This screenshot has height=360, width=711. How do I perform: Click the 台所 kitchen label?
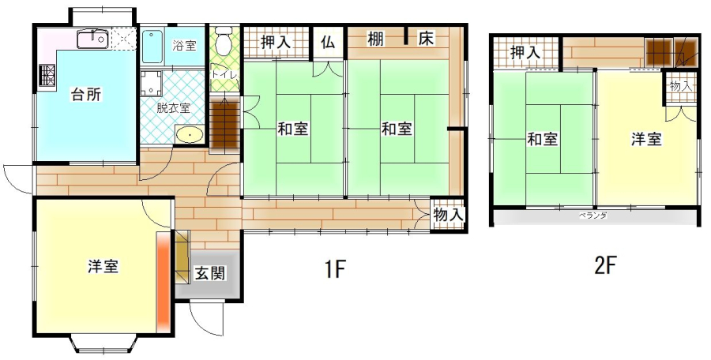pyautogui.click(x=85, y=95)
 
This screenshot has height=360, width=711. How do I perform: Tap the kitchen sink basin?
pyautogui.click(x=92, y=39)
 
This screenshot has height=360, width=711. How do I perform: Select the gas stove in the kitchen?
pyautogui.click(x=47, y=75)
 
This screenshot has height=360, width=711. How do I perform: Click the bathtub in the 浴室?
pyautogui.click(x=152, y=47)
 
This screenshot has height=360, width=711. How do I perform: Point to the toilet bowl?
pyautogui.click(x=223, y=40)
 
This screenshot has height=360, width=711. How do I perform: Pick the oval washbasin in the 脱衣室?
pyautogui.click(x=189, y=135)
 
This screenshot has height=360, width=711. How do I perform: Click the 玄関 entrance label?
pyautogui.click(x=209, y=273)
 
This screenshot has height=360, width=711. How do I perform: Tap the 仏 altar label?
pyautogui.click(x=328, y=42)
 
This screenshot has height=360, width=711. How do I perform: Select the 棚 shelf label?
pyautogui.click(x=375, y=39)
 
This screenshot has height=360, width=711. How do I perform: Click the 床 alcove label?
pyautogui.click(x=427, y=39)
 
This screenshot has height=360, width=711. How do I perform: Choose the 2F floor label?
pyautogui.click(x=606, y=266)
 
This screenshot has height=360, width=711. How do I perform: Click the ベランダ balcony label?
pyautogui.click(x=592, y=216)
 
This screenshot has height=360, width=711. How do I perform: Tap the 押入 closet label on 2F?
pyautogui.click(x=525, y=53)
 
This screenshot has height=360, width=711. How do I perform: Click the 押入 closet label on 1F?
pyautogui.click(x=275, y=42)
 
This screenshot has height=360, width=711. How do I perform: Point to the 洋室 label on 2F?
pyautogui.click(x=646, y=139)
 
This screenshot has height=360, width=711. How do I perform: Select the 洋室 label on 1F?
pyautogui.click(x=103, y=266)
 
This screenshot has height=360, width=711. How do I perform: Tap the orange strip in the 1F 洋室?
pyautogui.click(x=163, y=281)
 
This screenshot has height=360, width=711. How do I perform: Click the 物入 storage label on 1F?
pyautogui.click(x=449, y=216)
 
